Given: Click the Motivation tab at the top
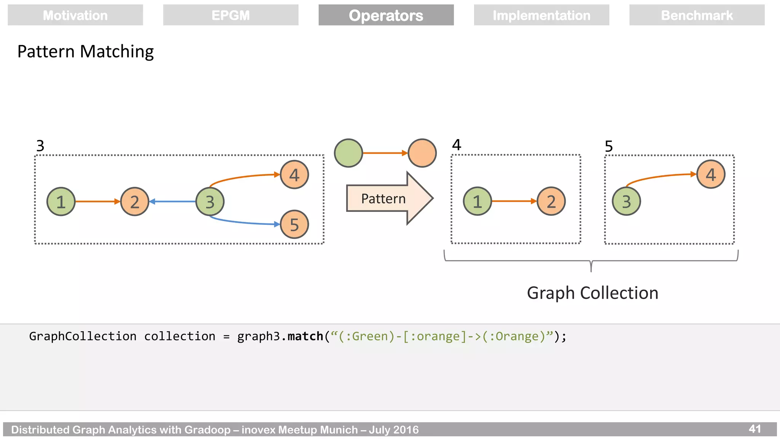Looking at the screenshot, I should click(75, 15).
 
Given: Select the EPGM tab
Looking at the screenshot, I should click(231, 15).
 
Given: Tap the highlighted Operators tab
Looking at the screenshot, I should click(386, 15).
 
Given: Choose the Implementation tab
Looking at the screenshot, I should click(541, 15).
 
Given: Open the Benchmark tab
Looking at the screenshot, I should click(697, 15).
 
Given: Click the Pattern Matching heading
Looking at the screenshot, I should click(85, 51).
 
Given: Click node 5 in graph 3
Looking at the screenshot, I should click(294, 224).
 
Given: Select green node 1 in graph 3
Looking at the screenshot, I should click(61, 202).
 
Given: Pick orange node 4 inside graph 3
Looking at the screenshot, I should click(294, 175).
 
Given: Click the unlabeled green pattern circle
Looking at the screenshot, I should click(348, 153).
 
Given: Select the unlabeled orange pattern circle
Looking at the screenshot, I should click(422, 153).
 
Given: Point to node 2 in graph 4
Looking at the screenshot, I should click(551, 201).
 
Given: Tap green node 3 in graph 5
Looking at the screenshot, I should click(626, 201).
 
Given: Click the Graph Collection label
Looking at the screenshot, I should click(592, 293).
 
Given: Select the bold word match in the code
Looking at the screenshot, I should click(305, 336).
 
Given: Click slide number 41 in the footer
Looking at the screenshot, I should click(754, 429).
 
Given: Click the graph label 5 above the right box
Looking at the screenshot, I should click(609, 146).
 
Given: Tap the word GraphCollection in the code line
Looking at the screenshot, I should click(83, 336).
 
